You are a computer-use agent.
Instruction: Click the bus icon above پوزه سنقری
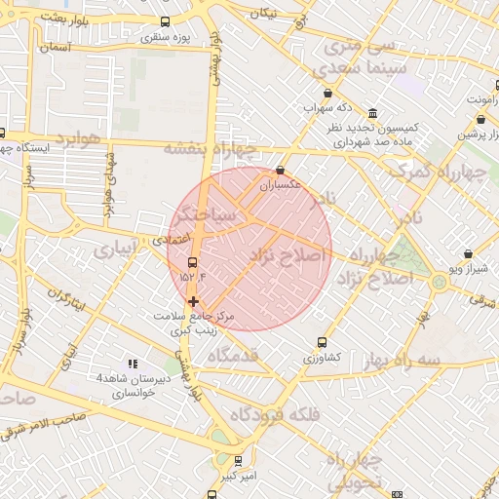tap(164, 22)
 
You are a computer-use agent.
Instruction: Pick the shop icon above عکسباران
tap(281, 169)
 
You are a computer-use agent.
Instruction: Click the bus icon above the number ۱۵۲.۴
tap(192, 261)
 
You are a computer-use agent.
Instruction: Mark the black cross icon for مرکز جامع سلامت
tap(193, 301)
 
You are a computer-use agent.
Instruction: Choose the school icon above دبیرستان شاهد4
tap(133, 363)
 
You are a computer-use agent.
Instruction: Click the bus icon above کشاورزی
tap(322, 342)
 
